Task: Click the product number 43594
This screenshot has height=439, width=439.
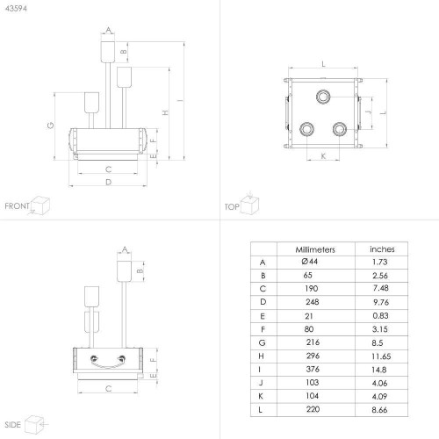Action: tap(16, 9)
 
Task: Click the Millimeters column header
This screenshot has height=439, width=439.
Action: tap(315, 249)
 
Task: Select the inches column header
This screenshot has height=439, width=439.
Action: tap(382, 249)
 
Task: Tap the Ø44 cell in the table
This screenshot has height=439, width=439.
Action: tap(310, 262)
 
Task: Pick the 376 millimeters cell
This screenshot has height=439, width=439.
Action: tap(313, 369)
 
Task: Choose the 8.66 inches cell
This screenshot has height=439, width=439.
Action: tap(379, 410)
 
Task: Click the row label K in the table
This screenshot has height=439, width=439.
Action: tap(261, 396)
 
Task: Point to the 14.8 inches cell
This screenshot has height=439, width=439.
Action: tap(379, 370)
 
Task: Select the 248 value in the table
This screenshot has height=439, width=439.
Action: tap(313, 302)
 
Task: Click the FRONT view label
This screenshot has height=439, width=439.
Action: tap(17, 206)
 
